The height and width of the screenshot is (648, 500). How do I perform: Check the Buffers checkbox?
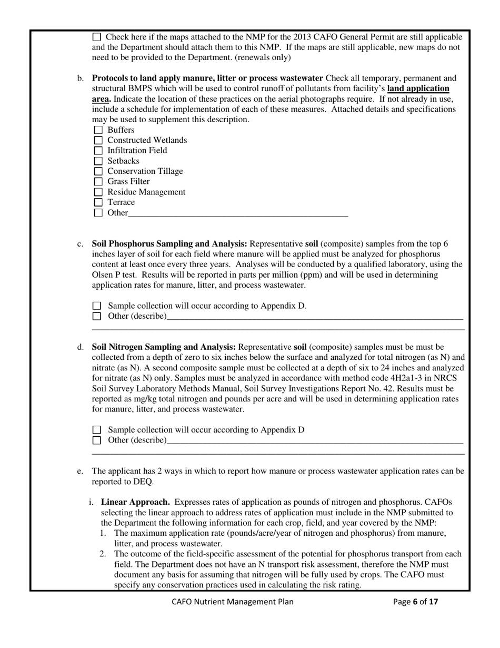click(x=98, y=130)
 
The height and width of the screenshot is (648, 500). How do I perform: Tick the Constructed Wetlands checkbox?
click(x=98, y=141)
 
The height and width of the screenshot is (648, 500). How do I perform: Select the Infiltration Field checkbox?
click(x=98, y=151)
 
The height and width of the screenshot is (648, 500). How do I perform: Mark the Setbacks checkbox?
click(x=98, y=161)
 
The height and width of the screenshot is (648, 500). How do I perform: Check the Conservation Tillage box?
click(x=98, y=171)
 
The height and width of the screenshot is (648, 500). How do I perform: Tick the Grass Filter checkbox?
click(x=98, y=182)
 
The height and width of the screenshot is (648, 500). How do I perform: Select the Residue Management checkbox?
click(x=98, y=192)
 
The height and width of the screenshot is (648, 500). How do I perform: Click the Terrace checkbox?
click(x=98, y=202)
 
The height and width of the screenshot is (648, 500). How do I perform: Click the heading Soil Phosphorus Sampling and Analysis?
click(x=169, y=244)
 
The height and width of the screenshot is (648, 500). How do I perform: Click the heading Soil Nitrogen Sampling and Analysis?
click(x=164, y=347)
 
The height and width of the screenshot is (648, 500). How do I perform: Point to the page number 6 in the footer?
click(x=415, y=602)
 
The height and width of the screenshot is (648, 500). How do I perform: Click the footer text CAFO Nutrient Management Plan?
click(x=233, y=602)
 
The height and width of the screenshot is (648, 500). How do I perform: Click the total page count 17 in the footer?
click(x=433, y=602)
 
